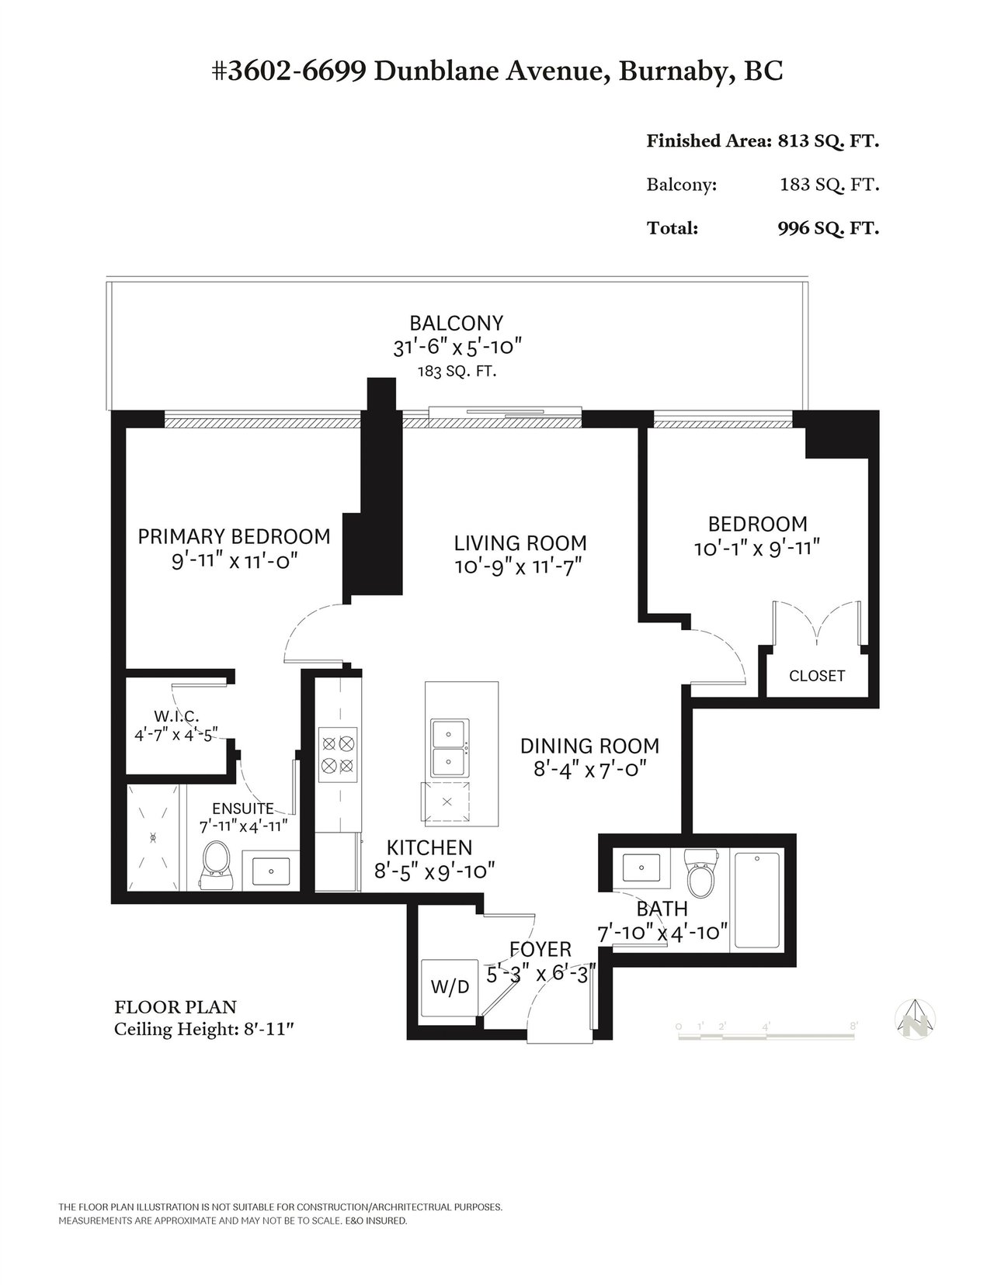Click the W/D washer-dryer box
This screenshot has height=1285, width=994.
449,987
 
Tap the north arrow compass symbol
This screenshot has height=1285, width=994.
916,1019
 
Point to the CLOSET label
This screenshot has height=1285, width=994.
816,675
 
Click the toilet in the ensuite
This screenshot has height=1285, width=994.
215,866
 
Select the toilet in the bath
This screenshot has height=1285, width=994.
701,874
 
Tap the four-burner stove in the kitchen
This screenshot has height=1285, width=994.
338,754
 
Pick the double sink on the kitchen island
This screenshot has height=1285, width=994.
450,748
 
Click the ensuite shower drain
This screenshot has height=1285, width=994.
153,838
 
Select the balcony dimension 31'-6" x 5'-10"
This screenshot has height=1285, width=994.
457,347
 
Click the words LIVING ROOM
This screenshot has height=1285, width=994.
520,542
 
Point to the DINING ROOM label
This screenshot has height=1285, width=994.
589,746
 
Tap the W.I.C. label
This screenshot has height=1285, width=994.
176,716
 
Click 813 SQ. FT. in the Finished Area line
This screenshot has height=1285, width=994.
829,141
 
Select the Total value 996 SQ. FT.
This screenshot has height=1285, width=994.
829,228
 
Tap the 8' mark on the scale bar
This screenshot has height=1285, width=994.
853,1026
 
